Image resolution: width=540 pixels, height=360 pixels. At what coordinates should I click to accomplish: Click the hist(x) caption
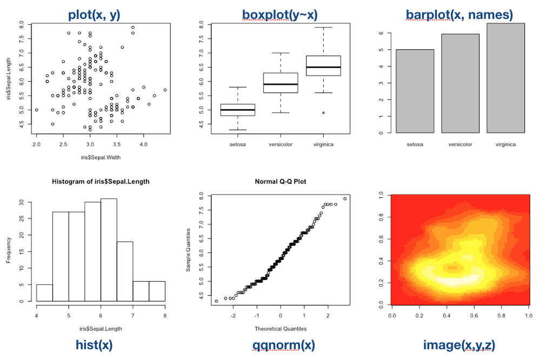click(94, 344)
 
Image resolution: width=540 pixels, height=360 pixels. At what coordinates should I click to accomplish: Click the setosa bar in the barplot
click(415, 91)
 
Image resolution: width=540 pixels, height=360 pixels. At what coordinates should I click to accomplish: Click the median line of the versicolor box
click(281, 84)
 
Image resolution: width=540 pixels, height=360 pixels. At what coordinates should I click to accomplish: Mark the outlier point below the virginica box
click(323, 112)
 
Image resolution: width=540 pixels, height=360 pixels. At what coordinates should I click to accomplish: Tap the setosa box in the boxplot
click(238, 110)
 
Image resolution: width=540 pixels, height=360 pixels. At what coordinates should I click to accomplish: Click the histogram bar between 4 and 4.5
click(44, 292)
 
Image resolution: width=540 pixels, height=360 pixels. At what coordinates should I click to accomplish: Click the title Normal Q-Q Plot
click(280, 182)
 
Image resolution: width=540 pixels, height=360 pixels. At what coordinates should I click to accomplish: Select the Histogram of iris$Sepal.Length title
click(101, 182)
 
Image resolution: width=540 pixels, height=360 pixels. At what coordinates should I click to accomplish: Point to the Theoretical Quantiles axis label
click(280, 328)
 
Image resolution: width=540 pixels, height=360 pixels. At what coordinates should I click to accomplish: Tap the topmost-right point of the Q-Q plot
click(345, 198)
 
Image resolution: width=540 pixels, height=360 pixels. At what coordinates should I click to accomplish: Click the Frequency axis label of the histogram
click(9, 249)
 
